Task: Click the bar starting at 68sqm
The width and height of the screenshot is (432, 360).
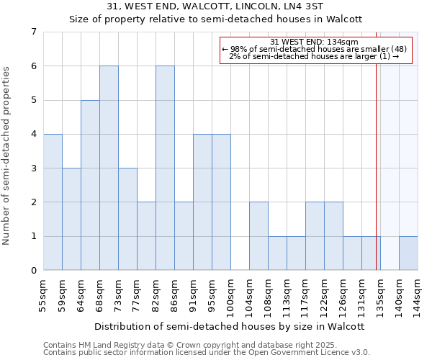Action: click(x=109, y=168)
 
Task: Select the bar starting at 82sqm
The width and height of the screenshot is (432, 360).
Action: click(x=165, y=168)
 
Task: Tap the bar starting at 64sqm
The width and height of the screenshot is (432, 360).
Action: click(x=90, y=185)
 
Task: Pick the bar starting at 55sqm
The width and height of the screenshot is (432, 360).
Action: click(x=53, y=202)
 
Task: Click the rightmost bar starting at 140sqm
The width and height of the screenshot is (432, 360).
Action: click(x=408, y=253)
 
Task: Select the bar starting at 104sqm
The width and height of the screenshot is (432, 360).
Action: click(x=258, y=236)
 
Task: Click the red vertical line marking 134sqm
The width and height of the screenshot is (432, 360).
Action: click(x=376, y=180)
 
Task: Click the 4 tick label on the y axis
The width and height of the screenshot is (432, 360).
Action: click(x=33, y=134)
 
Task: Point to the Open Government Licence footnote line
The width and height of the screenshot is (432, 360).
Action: click(x=207, y=353)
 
